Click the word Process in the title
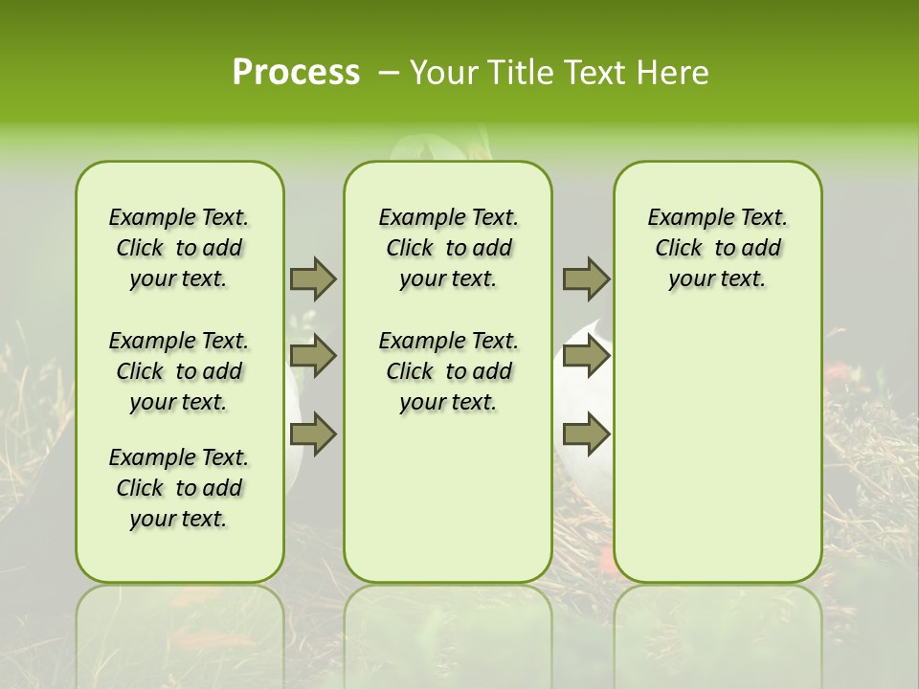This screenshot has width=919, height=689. pyautogui.click(x=296, y=72)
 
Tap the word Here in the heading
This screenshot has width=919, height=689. pyautogui.click(x=673, y=72)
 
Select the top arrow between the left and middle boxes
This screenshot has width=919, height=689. pyautogui.click(x=313, y=278)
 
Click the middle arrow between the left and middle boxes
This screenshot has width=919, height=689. pyautogui.click(x=313, y=356)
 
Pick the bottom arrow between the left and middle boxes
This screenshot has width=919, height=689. pyautogui.click(x=313, y=434)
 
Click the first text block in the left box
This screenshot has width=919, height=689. pyautogui.click(x=179, y=248)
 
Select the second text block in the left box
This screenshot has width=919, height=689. pyautogui.click(x=179, y=371)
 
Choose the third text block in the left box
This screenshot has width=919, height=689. pyautogui.click(x=179, y=488)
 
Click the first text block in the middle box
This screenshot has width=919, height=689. pyautogui.click(x=448, y=248)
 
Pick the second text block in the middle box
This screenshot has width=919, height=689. pyautogui.click(x=448, y=371)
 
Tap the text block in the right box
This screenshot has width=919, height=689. pyautogui.click(x=717, y=248)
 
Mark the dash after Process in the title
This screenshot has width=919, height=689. pyautogui.click(x=389, y=72)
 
